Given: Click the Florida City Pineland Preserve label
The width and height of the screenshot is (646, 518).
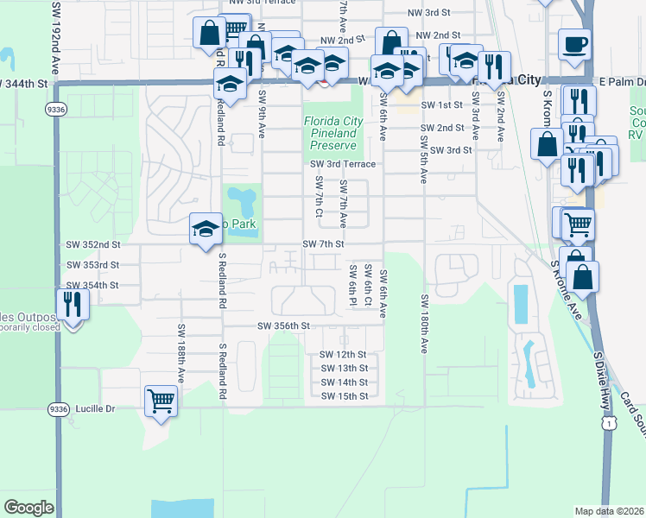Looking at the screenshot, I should pyautogui.click(x=331, y=133).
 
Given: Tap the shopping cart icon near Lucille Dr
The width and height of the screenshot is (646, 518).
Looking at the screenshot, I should pyautogui.click(x=161, y=400).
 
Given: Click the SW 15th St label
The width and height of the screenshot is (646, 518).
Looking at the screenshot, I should pyautogui.click(x=344, y=396).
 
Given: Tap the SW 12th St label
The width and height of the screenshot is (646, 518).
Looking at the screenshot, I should pyautogui.click(x=344, y=355).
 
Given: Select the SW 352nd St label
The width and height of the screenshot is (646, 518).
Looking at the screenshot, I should pyautogui.click(x=92, y=244).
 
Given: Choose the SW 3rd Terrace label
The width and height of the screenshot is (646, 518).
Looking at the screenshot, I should pyautogui.click(x=344, y=164).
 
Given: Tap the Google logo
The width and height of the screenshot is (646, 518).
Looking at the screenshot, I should pyautogui.click(x=28, y=508).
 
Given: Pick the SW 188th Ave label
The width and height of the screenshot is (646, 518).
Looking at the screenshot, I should pyautogui.click(x=182, y=354).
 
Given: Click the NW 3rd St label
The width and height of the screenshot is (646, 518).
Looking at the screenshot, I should pyautogui.click(x=429, y=13).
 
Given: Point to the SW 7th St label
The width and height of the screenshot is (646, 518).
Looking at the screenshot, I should pyautogui.click(x=324, y=244).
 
